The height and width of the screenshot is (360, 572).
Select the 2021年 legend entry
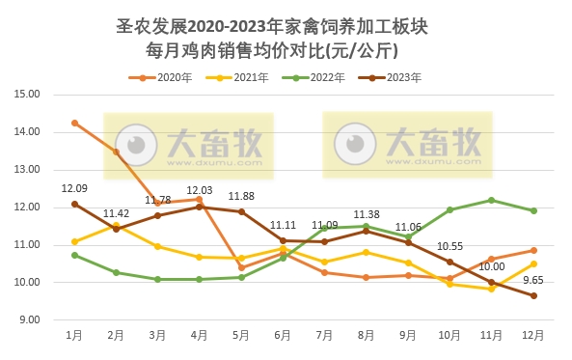(x=245, y=77)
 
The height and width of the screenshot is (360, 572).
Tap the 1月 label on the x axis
(x=74, y=336)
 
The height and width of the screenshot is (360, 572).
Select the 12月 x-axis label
(x=532, y=336)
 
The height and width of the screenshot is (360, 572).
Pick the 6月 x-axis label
(x=283, y=336)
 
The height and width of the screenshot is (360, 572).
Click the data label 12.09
(x=74, y=188)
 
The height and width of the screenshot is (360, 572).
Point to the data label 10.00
(x=492, y=266)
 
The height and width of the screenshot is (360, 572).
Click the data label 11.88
(x=241, y=196)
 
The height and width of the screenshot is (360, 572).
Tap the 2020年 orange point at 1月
(x=74, y=123)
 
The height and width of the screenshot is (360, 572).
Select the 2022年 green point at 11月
(x=491, y=200)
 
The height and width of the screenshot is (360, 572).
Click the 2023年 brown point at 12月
(x=533, y=296)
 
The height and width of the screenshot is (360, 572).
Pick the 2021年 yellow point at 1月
(x=74, y=241)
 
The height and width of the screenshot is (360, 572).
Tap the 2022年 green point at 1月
(x=74, y=255)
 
